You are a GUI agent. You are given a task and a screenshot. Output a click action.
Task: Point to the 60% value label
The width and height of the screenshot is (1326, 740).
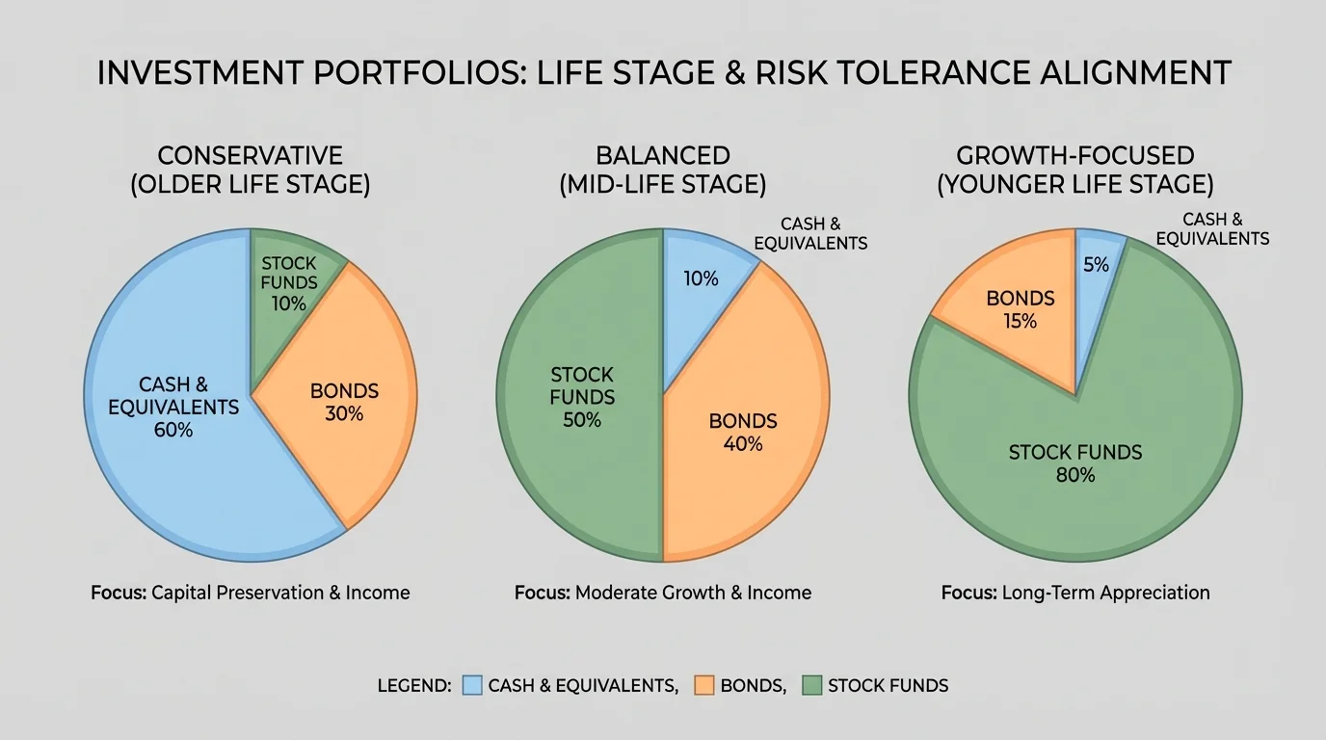173,430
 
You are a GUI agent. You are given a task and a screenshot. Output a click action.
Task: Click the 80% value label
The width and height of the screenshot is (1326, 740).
1075,475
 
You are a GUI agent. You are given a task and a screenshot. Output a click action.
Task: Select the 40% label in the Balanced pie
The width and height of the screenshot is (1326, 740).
743,444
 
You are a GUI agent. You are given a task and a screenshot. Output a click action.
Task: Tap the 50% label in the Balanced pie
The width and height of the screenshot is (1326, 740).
582,420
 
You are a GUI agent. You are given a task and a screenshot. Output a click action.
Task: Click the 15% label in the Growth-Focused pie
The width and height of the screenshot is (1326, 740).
1020,321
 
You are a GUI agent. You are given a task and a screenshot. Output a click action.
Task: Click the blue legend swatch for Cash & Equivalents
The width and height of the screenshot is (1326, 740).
471,685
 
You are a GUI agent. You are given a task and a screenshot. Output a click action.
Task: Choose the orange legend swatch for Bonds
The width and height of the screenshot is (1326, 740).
703,685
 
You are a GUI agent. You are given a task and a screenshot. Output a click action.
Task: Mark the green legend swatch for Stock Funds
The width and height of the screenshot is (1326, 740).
811,685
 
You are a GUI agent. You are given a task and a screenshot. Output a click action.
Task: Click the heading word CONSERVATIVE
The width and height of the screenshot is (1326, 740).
251,155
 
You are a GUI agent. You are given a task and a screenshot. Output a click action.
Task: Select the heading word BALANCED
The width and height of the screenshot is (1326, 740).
663,155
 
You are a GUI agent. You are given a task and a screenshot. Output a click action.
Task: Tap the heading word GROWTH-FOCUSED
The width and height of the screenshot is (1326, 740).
1075,155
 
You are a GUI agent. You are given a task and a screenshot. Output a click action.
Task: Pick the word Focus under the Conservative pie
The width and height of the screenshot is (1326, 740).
119,593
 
